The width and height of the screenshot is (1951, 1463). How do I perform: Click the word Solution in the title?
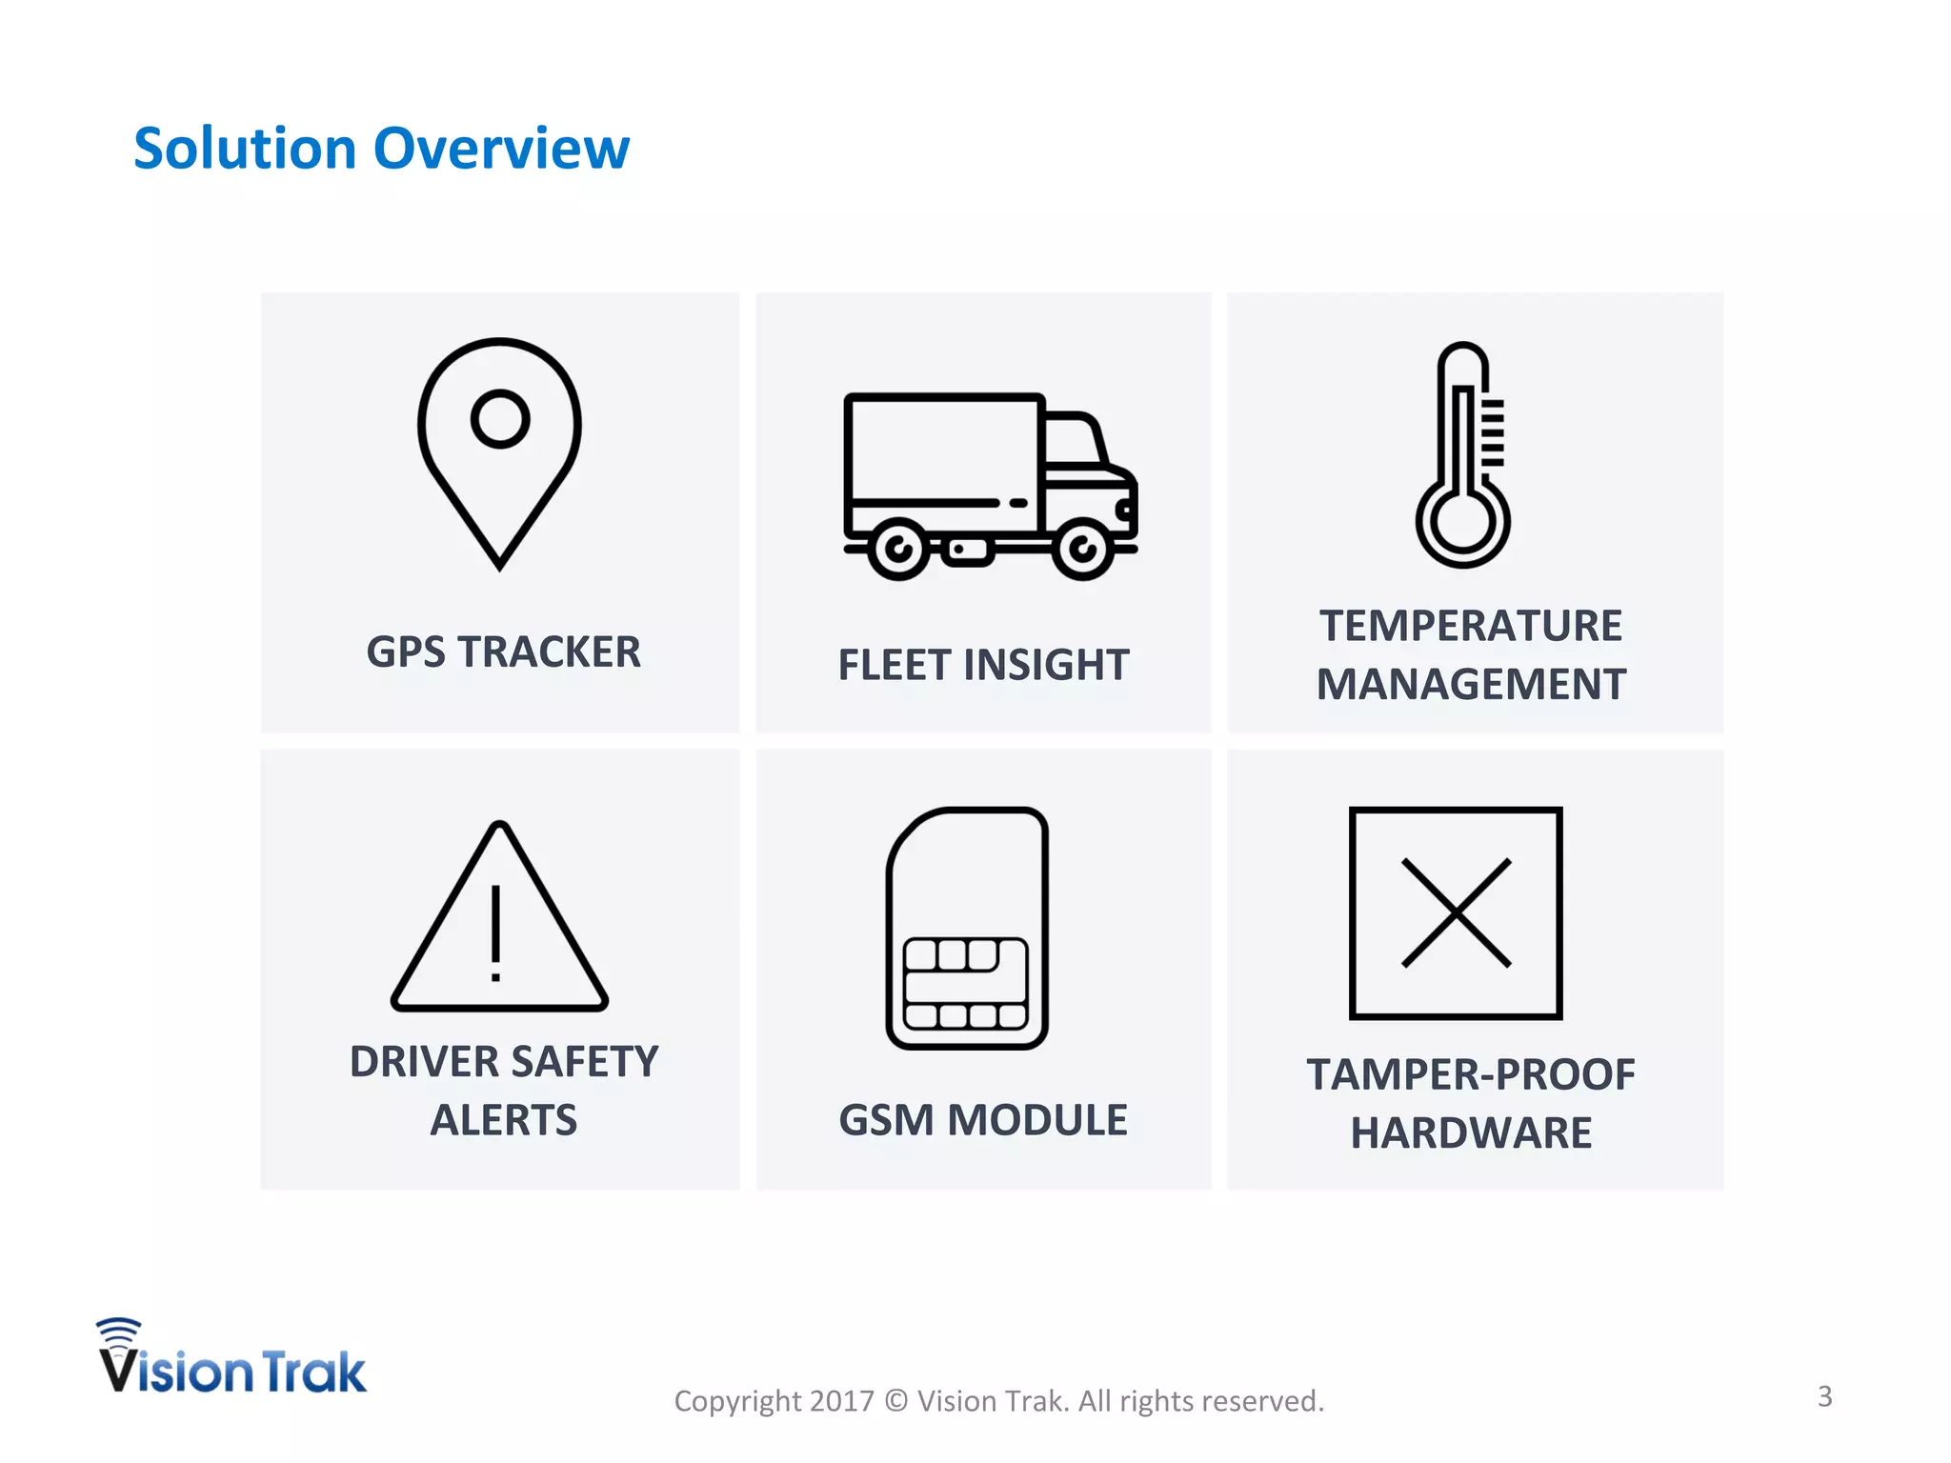pyautogui.click(x=245, y=150)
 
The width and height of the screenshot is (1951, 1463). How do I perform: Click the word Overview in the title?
pyautogui.click(x=501, y=150)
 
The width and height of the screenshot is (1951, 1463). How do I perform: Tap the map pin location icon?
pyautogui.click(x=499, y=452)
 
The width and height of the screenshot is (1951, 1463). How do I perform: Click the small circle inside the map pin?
pyautogui.click(x=499, y=419)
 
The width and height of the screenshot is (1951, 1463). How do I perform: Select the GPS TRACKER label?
pyautogui.click(x=503, y=652)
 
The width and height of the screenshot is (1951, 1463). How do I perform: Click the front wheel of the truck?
pyautogui.click(x=1082, y=550)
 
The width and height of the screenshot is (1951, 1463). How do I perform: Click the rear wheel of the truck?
pyautogui.click(x=897, y=550)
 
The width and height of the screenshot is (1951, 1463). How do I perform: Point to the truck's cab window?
pyautogui.click(x=1073, y=441)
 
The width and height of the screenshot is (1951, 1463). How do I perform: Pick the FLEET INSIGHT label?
pyautogui.click(x=983, y=665)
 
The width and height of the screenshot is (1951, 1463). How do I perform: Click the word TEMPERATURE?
pyautogui.click(x=1470, y=627)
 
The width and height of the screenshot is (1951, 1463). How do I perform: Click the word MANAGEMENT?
pyautogui.click(x=1471, y=685)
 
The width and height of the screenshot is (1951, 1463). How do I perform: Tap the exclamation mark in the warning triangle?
pyautogui.click(x=495, y=933)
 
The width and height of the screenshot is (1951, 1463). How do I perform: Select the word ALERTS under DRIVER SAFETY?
pyautogui.click(x=503, y=1120)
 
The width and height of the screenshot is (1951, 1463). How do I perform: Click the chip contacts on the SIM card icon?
pyautogui.click(x=966, y=984)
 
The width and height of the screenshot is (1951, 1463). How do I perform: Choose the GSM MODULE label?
pyautogui.click(x=983, y=1120)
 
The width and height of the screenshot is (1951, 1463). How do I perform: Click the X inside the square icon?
pyautogui.click(x=1456, y=913)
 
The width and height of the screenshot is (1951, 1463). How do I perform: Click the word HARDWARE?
pyautogui.click(x=1471, y=1133)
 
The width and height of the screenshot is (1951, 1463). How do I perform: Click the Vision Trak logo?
pyautogui.click(x=231, y=1359)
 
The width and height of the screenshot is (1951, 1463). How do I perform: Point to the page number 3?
pyautogui.click(x=1824, y=1396)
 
